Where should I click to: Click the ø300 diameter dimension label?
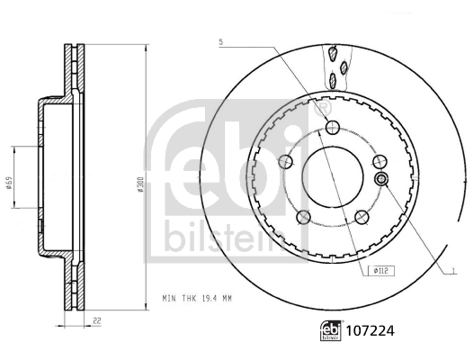[x=139, y=184]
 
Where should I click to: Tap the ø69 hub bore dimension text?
[x=9, y=183]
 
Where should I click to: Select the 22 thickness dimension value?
[x=96, y=320]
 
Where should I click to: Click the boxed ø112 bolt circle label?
[x=381, y=271]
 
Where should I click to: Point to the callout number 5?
[x=221, y=42]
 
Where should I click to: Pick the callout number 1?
[x=453, y=271]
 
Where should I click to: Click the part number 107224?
[x=370, y=331]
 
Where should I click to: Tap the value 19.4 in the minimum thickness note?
[x=207, y=299]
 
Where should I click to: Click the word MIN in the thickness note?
[x=170, y=299]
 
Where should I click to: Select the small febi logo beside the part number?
[x=331, y=330]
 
